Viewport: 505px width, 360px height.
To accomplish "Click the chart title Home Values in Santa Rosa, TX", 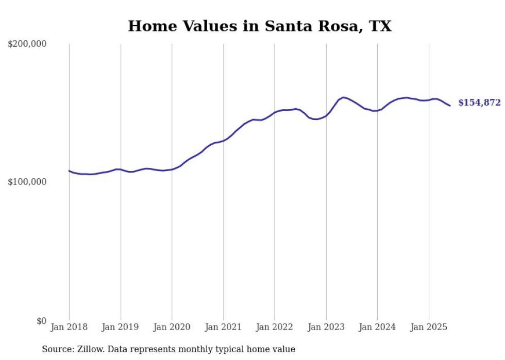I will click(x=260, y=26).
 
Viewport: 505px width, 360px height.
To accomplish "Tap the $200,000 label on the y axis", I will click(x=27, y=44).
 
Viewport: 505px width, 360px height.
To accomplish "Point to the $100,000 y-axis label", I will click(x=27, y=182).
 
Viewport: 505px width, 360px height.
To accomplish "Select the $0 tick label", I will click(x=42, y=321).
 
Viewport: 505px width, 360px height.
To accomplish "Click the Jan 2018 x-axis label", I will click(x=69, y=327).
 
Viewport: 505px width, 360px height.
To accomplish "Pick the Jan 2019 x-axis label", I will click(x=121, y=327).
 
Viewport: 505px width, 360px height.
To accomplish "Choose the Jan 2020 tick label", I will click(x=172, y=327).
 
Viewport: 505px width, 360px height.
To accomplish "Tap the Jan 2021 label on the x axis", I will click(x=223, y=327).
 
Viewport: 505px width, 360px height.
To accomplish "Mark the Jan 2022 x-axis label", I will click(x=275, y=327).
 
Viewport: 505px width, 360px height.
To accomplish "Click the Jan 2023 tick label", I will click(x=326, y=327).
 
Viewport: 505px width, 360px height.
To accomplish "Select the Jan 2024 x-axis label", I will click(x=377, y=327).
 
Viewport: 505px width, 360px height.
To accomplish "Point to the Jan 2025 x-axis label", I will click(x=428, y=327).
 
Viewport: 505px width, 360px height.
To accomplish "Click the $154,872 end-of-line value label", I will click(x=479, y=103).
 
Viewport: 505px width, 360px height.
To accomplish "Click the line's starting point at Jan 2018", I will click(x=69, y=171).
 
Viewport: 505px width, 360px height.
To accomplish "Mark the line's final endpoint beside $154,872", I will click(x=450, y=106).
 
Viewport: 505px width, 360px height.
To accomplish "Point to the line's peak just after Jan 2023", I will click(x=343, y=97).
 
